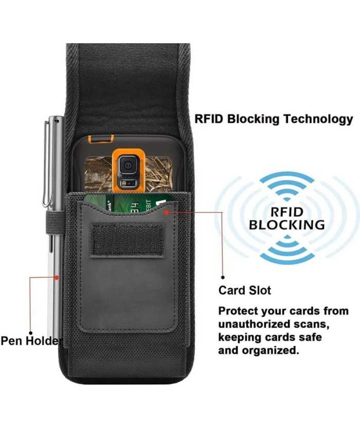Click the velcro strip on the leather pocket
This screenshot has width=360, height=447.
point(127,240)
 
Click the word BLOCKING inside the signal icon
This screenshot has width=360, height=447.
point(287,225)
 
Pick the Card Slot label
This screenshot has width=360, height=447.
point(245,291)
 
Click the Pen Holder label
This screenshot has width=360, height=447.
point(31,341)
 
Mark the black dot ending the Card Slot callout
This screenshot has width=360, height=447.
point(222,276)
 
